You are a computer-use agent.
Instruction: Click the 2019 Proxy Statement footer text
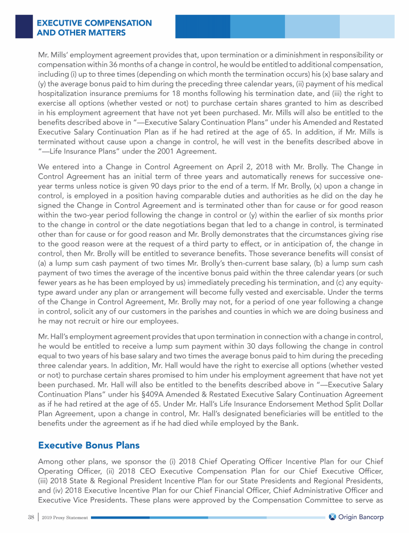pos(59,517)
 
